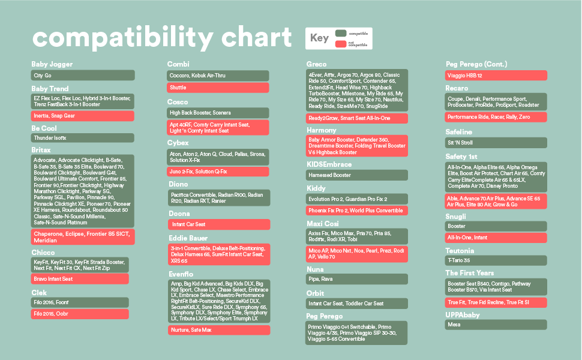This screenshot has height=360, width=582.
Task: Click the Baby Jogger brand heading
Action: point(52,64)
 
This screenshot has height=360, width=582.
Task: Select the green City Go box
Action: point(83,76)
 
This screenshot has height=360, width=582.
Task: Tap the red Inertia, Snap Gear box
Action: point(83,116)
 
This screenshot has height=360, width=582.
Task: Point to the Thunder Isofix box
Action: point(83,138)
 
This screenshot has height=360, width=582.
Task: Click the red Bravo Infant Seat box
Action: point(80,279)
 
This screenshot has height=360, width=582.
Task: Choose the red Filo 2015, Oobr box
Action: point(80,314)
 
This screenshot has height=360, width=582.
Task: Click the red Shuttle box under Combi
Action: point(218,88)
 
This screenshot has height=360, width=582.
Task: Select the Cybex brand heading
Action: point(178,143)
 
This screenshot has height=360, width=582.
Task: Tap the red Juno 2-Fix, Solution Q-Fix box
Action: point(218,172)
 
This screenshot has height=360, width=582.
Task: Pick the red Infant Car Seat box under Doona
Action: point(218,224)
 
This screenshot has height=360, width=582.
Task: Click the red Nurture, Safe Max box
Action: point(218,330)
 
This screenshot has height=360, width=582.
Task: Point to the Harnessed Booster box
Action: point(356,175)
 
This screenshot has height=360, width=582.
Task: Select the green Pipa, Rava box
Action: point(356,279)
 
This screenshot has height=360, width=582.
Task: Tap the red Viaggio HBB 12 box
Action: point(496,76)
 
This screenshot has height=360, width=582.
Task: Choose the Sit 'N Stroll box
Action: point(496,143)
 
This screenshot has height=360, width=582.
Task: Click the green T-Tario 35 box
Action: point(496,260)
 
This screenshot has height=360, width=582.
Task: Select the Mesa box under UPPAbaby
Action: point(496,325)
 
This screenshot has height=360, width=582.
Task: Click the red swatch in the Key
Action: point(341,44)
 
